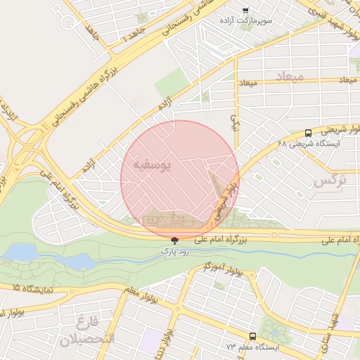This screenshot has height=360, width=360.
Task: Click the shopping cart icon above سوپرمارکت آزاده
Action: click(x=245, y=11)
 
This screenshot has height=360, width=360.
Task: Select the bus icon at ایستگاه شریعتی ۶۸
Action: click(x=308, y=133)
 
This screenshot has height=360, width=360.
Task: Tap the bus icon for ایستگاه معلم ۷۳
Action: click(x=252, y=337)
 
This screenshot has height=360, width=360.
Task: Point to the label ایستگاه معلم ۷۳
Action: click(x=252, y=347)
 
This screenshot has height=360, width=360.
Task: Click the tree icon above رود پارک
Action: click(x=174, y=240)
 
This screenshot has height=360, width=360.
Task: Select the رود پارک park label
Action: click(x=174, y=250)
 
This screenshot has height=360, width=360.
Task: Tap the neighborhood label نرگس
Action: click(x=330, y=181)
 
